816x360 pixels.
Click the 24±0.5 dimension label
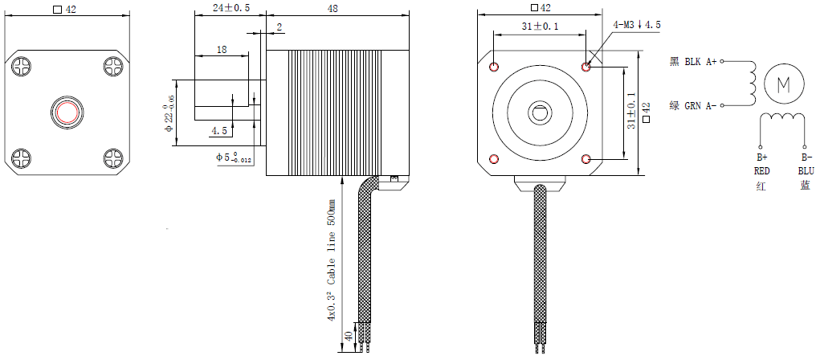point(231,7)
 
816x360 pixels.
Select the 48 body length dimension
point(332,7)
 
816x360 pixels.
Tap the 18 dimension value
point(221,49)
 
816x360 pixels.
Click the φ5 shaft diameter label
point(234,157)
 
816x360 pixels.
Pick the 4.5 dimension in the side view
point(218,130)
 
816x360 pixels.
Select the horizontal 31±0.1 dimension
point(540,27)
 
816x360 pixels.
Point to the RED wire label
point(761,170)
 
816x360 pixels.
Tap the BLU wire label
point(805,170)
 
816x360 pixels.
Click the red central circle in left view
point(66,111)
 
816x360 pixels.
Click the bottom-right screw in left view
point(110,157)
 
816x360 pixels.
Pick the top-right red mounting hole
point(587,66)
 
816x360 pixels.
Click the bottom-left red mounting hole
point(494,158)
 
